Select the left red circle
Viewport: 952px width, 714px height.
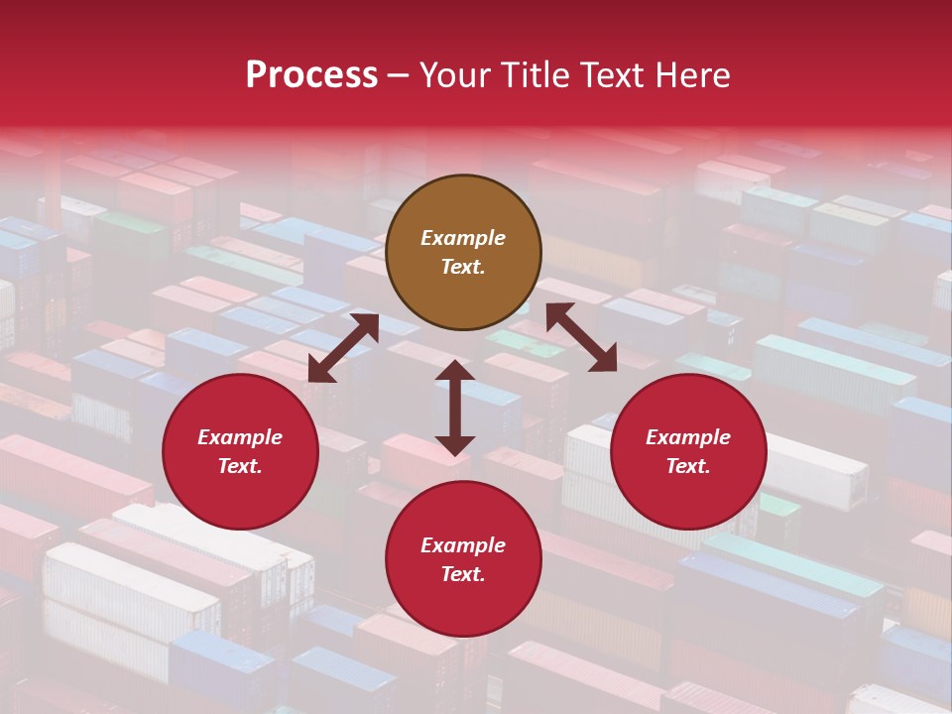(x=240, y=452)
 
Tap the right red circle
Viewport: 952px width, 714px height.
(x=688, y=452)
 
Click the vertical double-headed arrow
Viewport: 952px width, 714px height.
(x=454, y=408)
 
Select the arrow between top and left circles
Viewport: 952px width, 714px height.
(x=343, y=348)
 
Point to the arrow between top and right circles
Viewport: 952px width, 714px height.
(x=581, y=338)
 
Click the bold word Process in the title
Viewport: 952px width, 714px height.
(x=311, y=75)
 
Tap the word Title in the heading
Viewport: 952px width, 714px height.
(x=536, y=75)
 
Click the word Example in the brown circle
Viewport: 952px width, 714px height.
(x=463, y=238)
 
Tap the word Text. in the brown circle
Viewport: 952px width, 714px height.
(x=463, y=267)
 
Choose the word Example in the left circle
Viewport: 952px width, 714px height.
(x=240, y=437)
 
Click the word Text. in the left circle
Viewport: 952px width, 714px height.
(x=240, y=466)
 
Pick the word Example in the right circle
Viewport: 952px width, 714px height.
(x=688, y=437)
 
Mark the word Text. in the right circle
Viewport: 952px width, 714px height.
(x=688, y=466)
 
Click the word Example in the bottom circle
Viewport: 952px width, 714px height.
(x=463, y=545)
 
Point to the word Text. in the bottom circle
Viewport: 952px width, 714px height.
(x=463, y=574)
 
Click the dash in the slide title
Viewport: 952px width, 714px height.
(x=399, y=76)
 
